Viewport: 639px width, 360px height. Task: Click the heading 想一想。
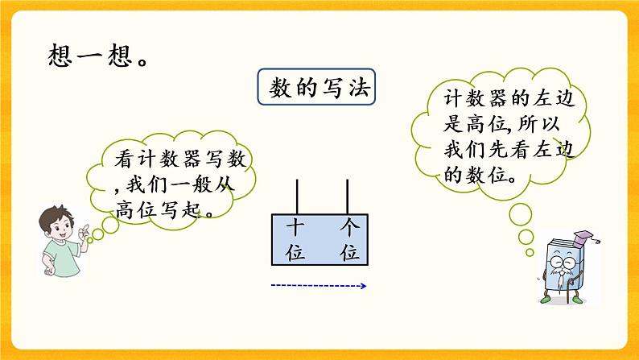(x=95, y=58)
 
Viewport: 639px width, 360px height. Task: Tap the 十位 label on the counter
(x=296, y=240)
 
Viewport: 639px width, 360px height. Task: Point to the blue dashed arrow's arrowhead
(x=364, y=285)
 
